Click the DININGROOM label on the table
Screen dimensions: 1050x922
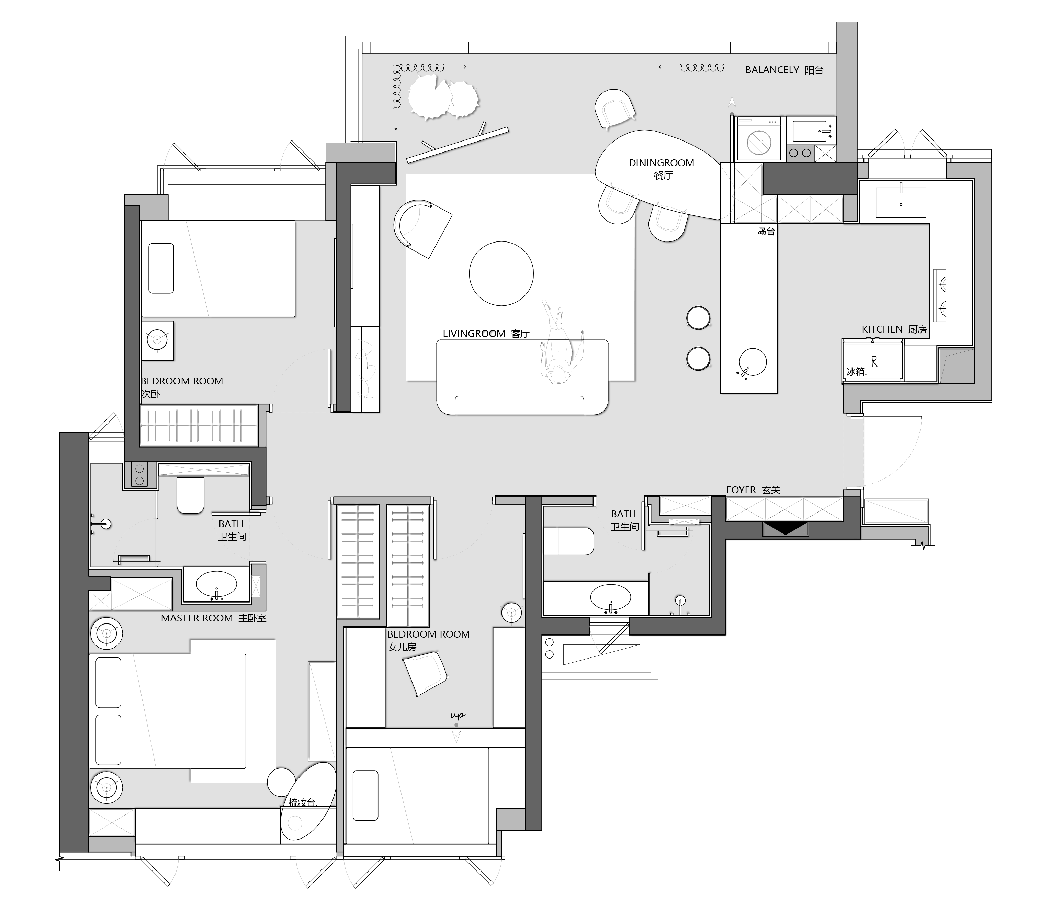coord(661,163)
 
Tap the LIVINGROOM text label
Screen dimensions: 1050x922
coord(474,334)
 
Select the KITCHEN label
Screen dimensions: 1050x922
coord(882,329)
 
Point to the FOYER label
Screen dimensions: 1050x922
coord(741,490)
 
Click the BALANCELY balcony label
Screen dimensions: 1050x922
coord(772,70)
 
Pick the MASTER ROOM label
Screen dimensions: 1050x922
coord(197,618)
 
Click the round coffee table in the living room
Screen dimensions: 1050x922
coord(501,274)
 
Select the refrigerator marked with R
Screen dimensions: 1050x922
coord(872,361)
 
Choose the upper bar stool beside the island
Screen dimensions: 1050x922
coord(698,318)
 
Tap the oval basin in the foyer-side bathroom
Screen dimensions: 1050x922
coord(610,597)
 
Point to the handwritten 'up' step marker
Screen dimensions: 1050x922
coord(457,716)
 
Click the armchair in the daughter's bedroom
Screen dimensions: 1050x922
coord(424,673)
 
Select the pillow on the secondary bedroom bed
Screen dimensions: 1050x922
coord(161,268)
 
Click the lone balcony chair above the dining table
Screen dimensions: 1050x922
coord(614,108)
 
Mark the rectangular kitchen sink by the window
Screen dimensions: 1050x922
coord(901,202)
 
